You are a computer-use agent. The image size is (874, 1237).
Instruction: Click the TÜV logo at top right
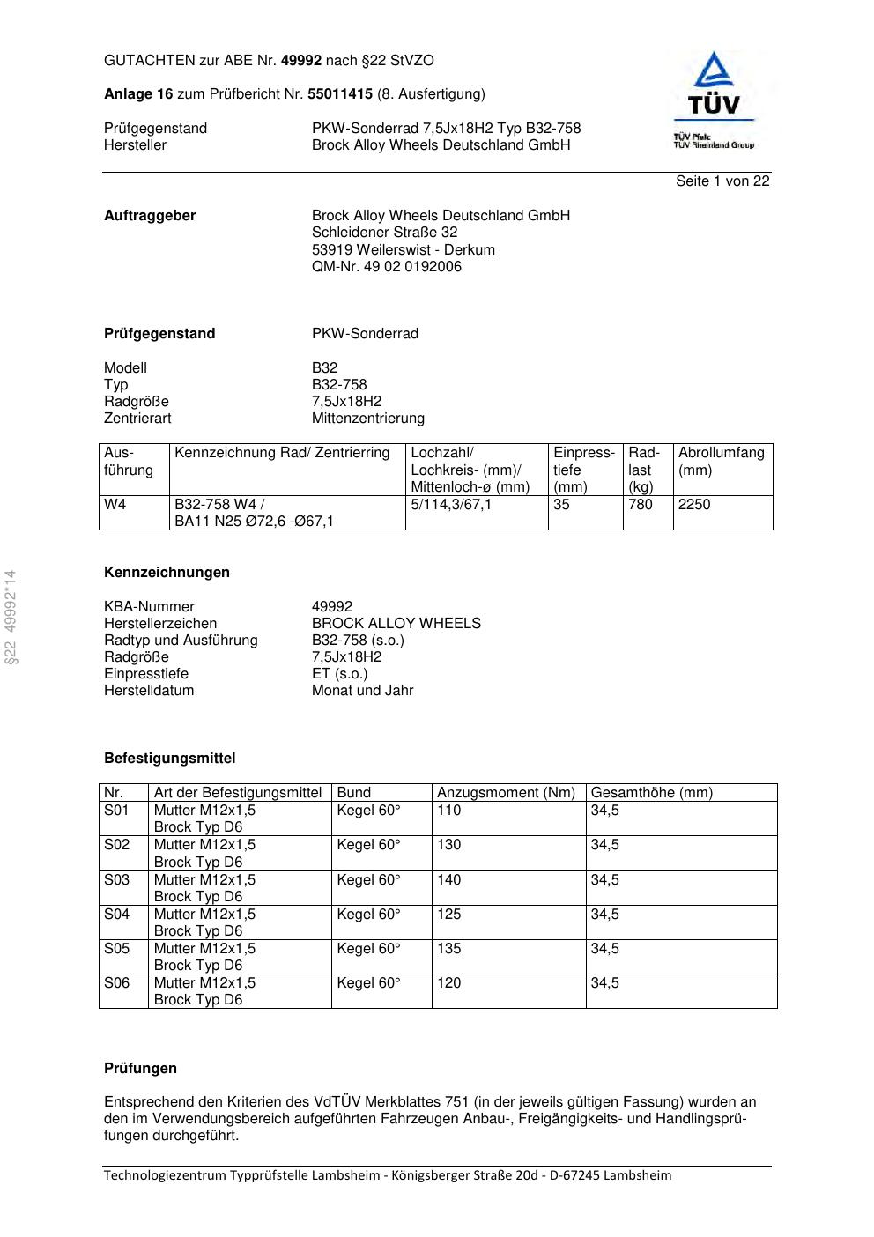(x=714, y=100)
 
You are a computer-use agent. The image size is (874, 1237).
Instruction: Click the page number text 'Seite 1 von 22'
(x=722, y=181)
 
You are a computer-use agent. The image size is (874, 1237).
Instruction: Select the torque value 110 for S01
(x=448, y=811)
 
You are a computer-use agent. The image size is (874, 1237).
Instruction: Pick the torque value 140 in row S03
(x=448, y=880)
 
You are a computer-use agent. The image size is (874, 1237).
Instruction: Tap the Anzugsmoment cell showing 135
(x=448, y=949)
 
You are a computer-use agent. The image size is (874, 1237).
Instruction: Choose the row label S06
(x=116, y=983)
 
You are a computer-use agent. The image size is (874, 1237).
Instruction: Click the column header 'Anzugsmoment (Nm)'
(x=506, y=793)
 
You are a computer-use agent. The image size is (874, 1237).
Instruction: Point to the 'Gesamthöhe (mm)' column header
(x=651, y=793)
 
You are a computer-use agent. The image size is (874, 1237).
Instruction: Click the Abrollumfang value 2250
(x=694, y=505)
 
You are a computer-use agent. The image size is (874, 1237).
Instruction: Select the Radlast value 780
(x=641, y=505)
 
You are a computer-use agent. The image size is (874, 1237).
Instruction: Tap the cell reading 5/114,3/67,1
(x=451, y=505)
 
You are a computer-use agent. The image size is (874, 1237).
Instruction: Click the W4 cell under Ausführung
(x=115, y=505)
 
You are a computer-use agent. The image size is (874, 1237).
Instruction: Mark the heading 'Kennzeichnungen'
(x=167, y=573)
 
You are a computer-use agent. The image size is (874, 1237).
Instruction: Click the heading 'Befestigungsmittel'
(x=169, y=759)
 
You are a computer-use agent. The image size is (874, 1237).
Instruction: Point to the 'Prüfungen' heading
(x=140, y=1069)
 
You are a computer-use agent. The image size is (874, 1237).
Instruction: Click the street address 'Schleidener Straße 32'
(x=384, y=233)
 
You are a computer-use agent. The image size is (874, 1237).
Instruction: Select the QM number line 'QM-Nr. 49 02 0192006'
(x=386, y=267)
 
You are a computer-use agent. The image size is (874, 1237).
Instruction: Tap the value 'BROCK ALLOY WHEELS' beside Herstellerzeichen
(x=396, y=624)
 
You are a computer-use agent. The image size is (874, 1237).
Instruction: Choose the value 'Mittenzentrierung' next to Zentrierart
(x=367, y=419)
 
